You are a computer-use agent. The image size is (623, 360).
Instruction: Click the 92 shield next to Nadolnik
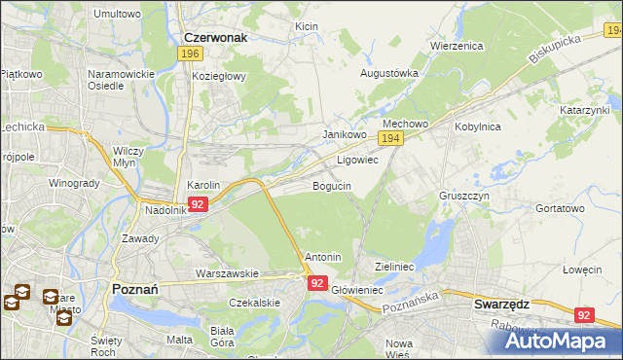tap(198, 204)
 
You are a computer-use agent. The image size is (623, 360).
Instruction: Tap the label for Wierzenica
tap(457, 45)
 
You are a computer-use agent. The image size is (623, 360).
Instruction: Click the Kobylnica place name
tap(476, 126)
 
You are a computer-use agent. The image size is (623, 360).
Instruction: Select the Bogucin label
tap(332, 185)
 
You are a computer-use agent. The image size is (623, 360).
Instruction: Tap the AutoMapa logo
tap(560, 341)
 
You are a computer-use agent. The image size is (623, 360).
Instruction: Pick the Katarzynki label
tap(584, 111)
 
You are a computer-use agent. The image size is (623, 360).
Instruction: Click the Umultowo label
tap(117, 14)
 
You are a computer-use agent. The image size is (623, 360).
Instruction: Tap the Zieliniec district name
tap(395, 266)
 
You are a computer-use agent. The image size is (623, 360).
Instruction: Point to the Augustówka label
tap(389, 73)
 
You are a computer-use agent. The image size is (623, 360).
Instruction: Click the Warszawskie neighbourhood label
tap(226, 273)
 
